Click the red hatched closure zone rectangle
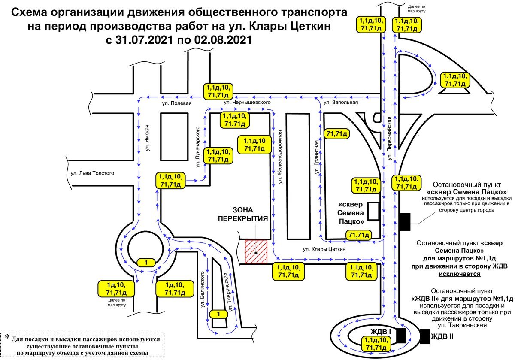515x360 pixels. [256, 252]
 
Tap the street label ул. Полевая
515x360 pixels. [176, 103]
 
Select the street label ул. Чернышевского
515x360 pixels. [247, 102]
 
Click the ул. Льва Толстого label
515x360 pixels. [92, 173]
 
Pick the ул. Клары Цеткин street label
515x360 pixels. [324, 249]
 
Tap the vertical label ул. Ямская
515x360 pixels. [147, 138]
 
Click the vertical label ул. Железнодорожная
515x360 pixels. [279, 157]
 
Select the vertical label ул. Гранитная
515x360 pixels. [317, 157]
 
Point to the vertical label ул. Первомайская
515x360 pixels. [389, 138]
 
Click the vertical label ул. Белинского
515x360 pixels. [202, 289]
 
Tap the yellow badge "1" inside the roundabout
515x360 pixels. [146, 263]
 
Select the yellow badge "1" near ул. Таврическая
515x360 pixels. [218, 314]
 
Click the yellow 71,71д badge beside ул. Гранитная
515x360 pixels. [336, 133]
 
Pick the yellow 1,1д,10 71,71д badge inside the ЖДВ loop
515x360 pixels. [376, 343]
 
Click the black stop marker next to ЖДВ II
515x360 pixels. [424, 336]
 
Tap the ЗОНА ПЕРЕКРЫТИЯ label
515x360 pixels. [243, 214]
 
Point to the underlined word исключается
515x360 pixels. [459, 274]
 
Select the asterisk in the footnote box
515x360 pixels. [7, 337]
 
